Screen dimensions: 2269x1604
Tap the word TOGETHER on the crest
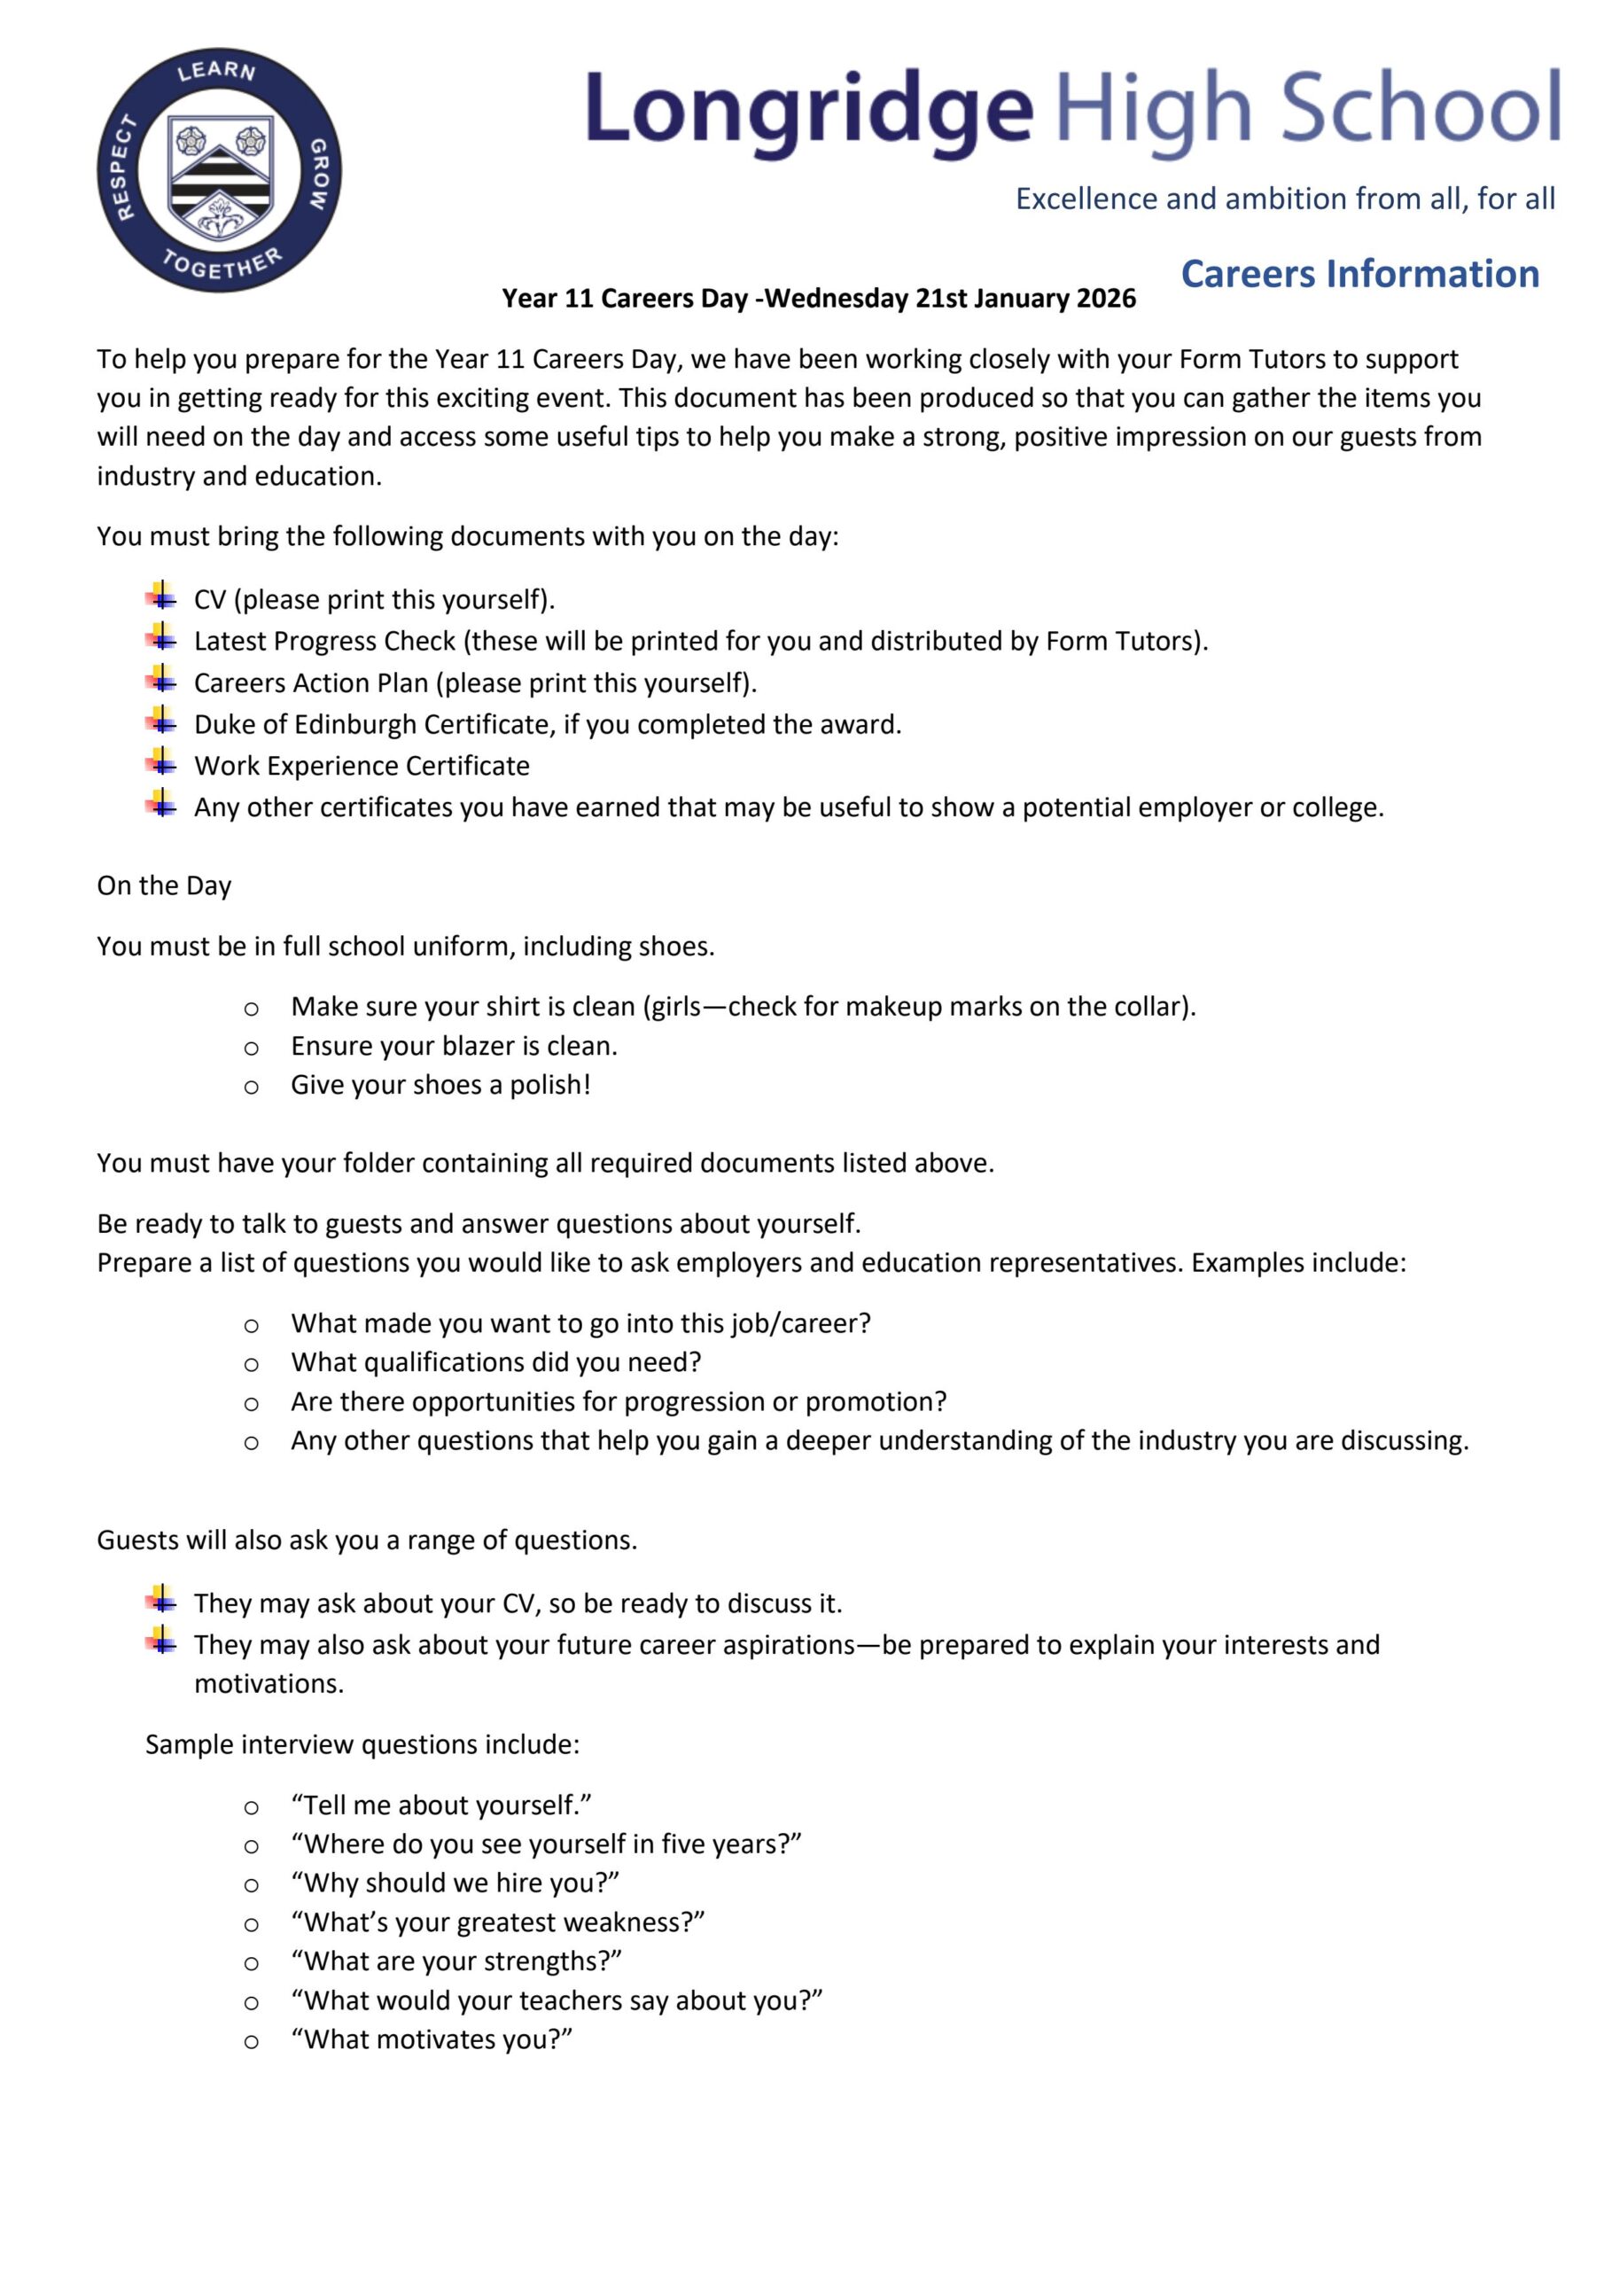222,265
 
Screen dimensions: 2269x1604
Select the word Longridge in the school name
809,110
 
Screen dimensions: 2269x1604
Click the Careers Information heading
1360,274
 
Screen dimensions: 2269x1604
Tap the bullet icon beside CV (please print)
162,596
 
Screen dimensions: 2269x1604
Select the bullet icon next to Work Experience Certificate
162,763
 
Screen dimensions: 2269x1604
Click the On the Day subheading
164,885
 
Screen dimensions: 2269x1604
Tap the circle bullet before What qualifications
252,1364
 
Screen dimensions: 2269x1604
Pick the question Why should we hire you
455,1883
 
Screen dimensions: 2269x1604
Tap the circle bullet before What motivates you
252,2040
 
